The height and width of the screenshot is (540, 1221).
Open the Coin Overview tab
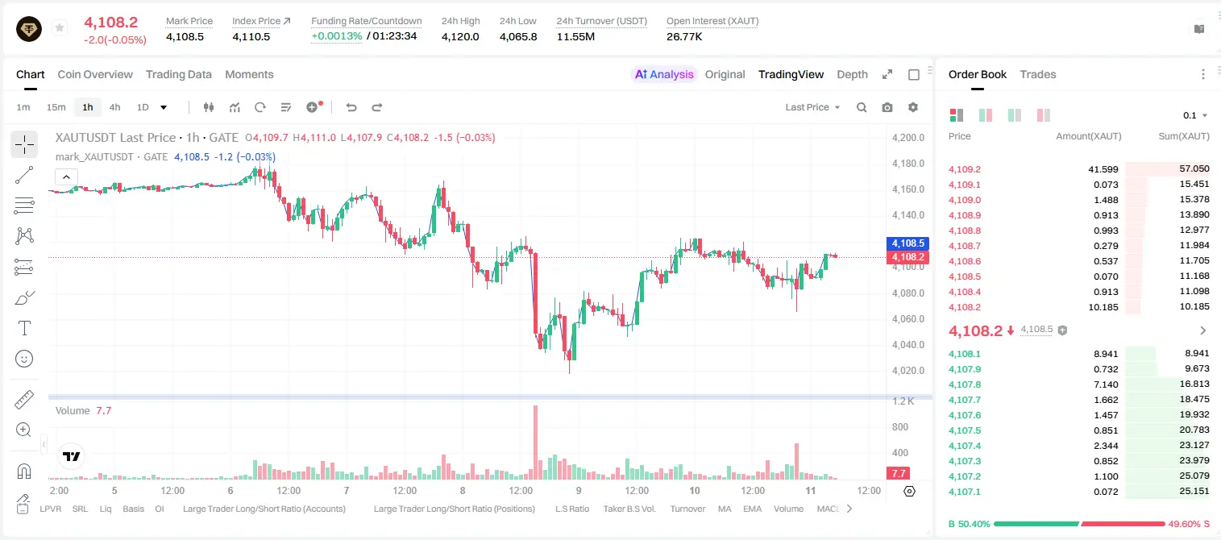pyautogui.click(x=95, y=74)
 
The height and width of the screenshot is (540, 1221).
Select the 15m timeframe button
pyautogui.click(x=56, y=107)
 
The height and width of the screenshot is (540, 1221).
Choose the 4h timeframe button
pyautogui.click(x=114, y=107)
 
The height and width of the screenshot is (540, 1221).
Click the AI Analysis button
pyautogui.click(x=664, y=74)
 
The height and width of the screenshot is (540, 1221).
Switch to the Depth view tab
pyautogui.click(x=852, y=74)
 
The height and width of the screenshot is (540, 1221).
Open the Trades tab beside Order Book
pyautogui.click(x=1038, y=74)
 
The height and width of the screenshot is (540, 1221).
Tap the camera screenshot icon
pyautogui.click(x=887, y=107)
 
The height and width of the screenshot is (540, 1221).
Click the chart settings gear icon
pyautogui.click(x=913, y=107)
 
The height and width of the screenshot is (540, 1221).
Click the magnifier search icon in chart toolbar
pyautogui.click(x=862, y=107)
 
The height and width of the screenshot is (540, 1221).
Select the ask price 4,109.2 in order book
pyautogui.click(x=964, y=169)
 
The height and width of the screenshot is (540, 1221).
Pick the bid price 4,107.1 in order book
pyautogui.click(x=964, y=492)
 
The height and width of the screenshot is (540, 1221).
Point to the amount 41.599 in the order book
pyautogui.click(x=1103, y=169)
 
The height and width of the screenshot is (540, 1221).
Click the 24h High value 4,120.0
pyautogui.click(x=460, y=36)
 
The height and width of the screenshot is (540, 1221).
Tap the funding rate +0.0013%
pyautogui.click(x=337, y=36)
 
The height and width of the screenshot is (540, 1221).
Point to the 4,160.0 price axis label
pyautogui.click(x=908, y=189)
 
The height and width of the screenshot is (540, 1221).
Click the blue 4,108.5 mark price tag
pyautogui.click(x=907, y=243)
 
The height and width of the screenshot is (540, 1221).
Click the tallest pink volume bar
pyautogui.click(x=535, y=442)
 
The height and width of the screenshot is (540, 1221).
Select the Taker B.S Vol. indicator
pyautogui.click(x=629, y=509)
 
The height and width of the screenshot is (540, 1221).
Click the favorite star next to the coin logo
pyautogui.click(x=60, y=27)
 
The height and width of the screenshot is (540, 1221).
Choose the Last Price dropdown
pyautogui.click(x=812, y=107)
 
